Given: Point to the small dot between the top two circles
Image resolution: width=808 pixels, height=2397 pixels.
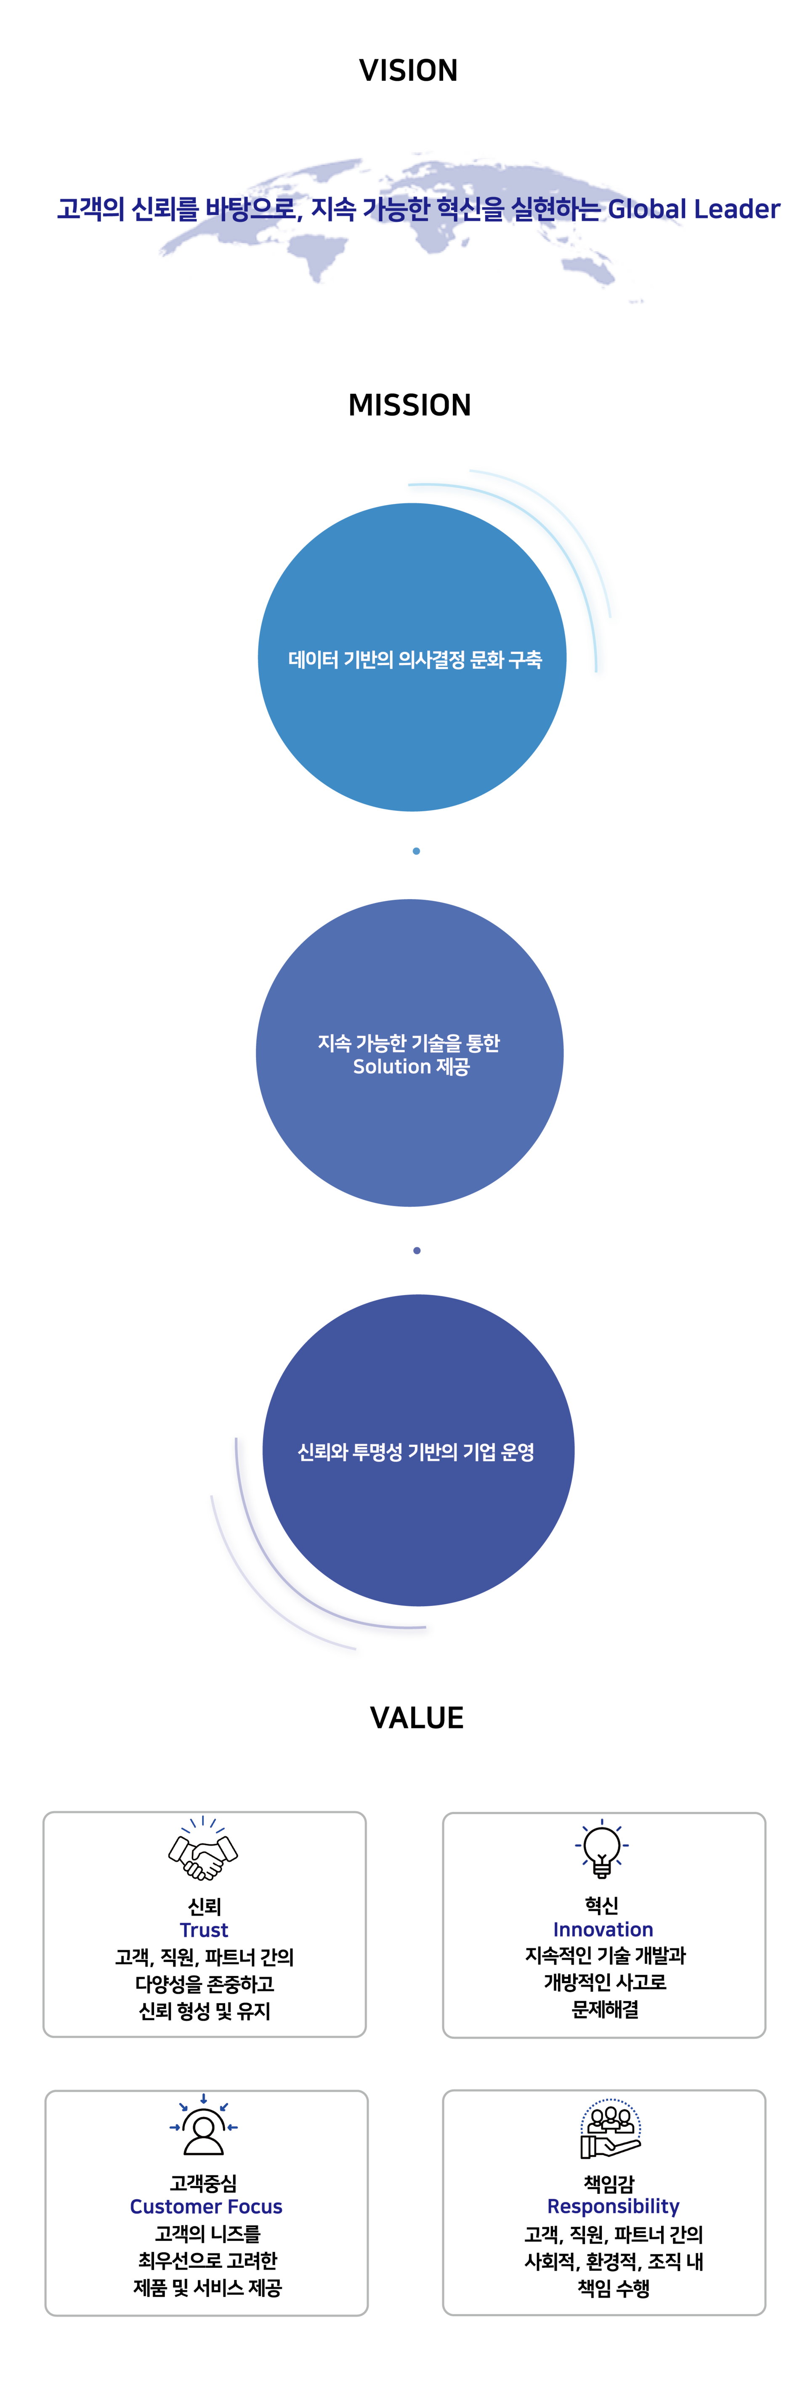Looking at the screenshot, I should [x=416, y=850].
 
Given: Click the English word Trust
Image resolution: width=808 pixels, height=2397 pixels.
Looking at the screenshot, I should [x=204, y=1930].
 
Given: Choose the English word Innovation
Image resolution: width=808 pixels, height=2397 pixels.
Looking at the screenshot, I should [x=603, y=1929].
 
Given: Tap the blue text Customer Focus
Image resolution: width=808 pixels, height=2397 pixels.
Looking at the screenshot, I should [x=206, y=2206].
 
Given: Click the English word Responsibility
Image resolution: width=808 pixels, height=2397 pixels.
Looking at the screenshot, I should [x=614, y=2206].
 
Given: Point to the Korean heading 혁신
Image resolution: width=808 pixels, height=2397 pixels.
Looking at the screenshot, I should [x=602, y=1905].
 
